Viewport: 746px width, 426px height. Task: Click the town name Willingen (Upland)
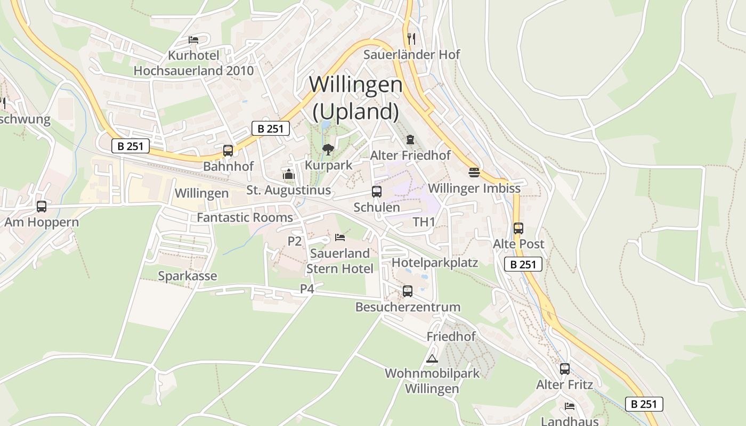(355, 97)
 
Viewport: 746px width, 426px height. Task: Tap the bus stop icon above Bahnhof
(228, 151)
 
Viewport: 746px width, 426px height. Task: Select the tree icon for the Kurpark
(328, 149)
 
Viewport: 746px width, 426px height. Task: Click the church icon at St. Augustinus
(288, 174)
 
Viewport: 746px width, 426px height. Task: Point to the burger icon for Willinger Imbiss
(474, 173)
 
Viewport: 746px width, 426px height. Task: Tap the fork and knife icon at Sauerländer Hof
(411, 38)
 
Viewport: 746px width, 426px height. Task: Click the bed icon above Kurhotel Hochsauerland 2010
(193, 40)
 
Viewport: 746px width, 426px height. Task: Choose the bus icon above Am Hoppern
(42, 207)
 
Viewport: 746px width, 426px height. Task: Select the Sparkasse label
(188, 276)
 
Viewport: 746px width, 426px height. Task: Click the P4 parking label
(307, 289)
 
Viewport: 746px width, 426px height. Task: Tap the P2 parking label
(295, 241)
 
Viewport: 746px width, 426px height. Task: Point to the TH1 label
(424, 222)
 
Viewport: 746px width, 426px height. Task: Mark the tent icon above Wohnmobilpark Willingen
(432, 358)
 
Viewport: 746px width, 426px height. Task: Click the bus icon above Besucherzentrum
(408, 291)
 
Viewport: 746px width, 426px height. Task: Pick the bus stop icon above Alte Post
(518, 228)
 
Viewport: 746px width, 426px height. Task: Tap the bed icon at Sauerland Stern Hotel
(340, 237)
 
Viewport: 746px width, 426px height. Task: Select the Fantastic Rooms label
(245, 217)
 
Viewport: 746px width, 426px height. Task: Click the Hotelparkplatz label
(435, 263)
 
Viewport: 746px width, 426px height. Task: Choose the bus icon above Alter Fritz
(565, 369)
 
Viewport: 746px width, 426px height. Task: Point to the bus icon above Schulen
(377, 192)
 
